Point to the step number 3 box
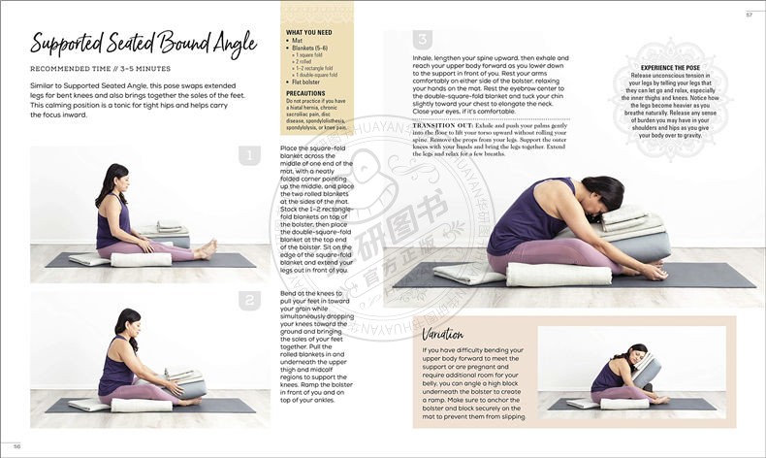point(423,40)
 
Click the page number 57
point(749,14)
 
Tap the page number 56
point(16,445)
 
